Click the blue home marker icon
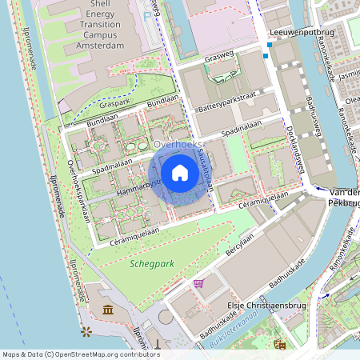click(x=180, y=172)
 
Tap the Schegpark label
click(x=153, y=262)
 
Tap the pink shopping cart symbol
click(x=198, y=282)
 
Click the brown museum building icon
click(x=107, y=310)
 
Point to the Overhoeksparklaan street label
click(x=81, y=190)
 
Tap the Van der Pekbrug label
click(x=344, y=198)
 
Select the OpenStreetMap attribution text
click(x=70, y=354)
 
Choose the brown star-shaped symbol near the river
click(x=86, y=330)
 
